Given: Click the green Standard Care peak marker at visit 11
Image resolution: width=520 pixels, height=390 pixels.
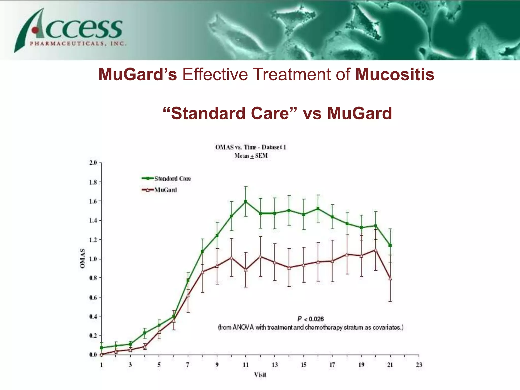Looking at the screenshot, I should click(x=246, y=201).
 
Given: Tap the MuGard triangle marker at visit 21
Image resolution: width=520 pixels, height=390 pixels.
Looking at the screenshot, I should click(x=390, y=279).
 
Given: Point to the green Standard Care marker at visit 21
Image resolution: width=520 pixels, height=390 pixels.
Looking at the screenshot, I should click(x=390, y=246).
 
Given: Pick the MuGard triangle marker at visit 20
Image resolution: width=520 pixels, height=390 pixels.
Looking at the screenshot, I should click(x=376, y=250).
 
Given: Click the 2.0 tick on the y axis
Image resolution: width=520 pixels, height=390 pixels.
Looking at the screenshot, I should click(x=93, y=163).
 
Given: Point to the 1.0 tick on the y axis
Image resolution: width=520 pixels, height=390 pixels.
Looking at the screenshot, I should click(x=93, y=259).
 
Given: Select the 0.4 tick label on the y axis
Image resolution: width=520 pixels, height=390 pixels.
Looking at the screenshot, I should click(x=93, y=317).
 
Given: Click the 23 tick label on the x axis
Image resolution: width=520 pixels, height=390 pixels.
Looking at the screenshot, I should click(x=419, y=365).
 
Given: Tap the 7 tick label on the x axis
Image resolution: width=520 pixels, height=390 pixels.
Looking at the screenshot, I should click(x=188, y=365).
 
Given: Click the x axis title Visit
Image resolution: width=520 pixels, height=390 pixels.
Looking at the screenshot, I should click(x=260, y=375).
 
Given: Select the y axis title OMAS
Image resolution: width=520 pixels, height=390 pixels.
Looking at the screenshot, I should click(x=82, y=258).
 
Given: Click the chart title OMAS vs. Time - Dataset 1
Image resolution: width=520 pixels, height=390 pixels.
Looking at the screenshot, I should click(x=250, y=147).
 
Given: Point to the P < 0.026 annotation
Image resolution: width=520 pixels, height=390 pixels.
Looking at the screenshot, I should click(x=311, y=319).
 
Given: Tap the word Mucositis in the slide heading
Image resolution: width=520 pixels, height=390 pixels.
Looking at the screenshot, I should click(x=395, y=74).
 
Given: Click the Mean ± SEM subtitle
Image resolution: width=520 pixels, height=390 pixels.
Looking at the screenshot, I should click(x=251, y=156).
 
